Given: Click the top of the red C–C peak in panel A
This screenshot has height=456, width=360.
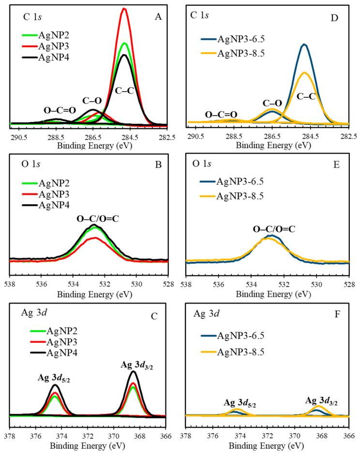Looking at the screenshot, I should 124,9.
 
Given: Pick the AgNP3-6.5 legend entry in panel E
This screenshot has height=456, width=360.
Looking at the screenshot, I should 240,183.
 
